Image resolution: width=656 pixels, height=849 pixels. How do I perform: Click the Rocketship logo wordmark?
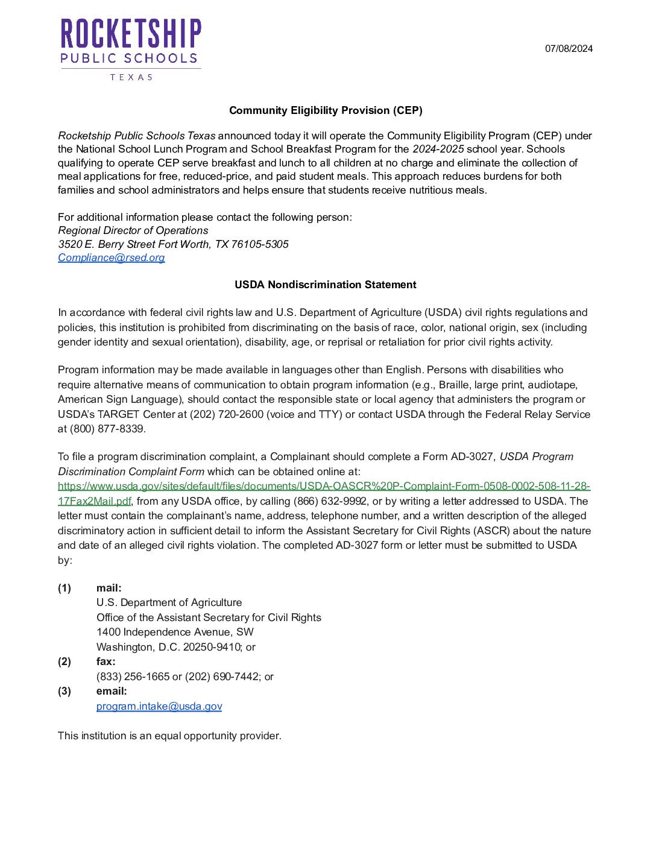(x=131, y=34)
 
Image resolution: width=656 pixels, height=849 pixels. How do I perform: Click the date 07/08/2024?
(x=569, y=49)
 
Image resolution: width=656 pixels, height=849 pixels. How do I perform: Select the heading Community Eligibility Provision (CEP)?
(x=326, y=110)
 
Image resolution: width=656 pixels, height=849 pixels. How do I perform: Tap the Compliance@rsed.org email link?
(x=112, y=257)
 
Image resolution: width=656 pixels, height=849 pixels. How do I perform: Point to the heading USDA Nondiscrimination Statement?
(x=326, y=285)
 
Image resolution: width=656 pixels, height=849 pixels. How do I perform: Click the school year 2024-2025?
(x=438, y=149)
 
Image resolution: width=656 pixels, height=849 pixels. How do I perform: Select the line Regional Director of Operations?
(x=133, y=230)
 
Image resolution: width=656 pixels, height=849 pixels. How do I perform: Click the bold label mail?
(x=109, y=588)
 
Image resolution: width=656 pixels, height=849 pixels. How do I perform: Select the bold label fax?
(x=106, y=661)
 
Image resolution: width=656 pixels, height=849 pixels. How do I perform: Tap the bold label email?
(x=112, y=691)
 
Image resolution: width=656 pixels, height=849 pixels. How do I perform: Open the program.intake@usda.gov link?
(x=159, y=706)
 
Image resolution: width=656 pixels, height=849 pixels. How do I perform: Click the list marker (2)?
(x=65, y=661)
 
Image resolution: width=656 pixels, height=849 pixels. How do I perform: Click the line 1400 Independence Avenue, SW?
(x=175, y=632)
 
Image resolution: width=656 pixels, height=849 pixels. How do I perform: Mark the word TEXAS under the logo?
(x=131, y=77)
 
